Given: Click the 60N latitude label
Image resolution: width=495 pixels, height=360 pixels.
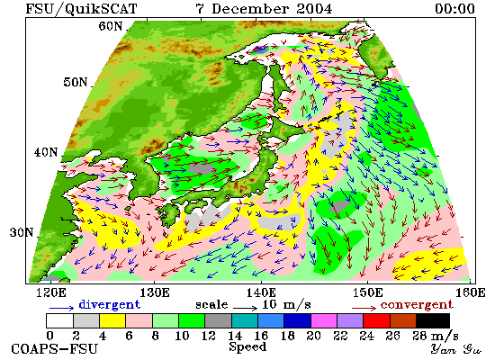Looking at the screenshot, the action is point(111,26).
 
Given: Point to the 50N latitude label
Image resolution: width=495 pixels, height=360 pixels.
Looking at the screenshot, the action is point(76,83).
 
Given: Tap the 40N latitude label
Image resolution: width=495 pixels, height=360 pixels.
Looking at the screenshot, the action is point(46,152).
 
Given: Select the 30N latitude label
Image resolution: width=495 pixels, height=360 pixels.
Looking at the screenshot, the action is point(22,233).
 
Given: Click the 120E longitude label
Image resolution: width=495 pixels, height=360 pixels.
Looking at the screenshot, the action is point(51,292).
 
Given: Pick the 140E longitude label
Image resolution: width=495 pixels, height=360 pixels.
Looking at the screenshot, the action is point(261,292).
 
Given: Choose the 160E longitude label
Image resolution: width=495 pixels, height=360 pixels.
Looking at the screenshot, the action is point(471,292).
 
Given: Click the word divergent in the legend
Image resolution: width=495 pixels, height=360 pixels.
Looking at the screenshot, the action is point(109,304).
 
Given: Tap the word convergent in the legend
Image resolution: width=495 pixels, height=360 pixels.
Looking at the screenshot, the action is point(417,305).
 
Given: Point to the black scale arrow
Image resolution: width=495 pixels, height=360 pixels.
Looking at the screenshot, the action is point(246,307).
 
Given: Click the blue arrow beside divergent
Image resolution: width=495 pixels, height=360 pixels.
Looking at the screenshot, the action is point(61,307).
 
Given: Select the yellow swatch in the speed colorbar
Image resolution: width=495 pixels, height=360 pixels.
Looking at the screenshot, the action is point(112,320).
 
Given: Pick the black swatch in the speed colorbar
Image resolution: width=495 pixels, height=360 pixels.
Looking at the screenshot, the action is point(433,320).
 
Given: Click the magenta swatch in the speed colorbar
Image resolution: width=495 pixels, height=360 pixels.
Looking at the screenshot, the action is point(324,320).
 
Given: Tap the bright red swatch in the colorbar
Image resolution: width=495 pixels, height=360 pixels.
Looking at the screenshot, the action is point(376,320).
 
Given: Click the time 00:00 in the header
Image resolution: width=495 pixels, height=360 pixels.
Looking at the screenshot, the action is point(454,8).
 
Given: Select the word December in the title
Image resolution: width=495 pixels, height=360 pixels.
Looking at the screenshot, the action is point(250,8).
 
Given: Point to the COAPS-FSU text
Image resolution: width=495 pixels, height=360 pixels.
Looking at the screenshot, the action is point(55,349).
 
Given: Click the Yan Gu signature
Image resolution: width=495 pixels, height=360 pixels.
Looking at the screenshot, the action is point(455,349).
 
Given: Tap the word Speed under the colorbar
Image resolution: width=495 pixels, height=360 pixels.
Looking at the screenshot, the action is point(247,347).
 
